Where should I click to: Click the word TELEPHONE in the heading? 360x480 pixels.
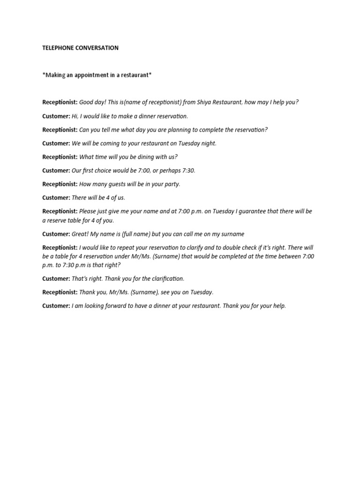coord(58,48)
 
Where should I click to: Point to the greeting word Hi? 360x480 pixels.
coord(75,116)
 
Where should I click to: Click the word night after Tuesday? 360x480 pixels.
coord(208,143)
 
